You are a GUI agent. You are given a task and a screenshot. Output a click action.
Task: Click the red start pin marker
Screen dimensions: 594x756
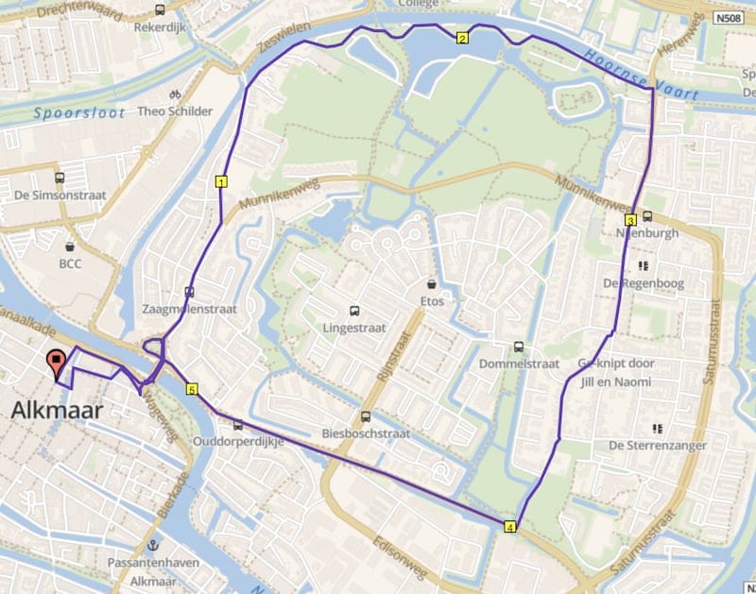(57, 361)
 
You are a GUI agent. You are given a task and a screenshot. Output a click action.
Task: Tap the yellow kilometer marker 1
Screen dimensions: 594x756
(221, 181)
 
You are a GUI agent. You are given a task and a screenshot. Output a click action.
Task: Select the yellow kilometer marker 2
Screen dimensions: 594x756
(462, 39)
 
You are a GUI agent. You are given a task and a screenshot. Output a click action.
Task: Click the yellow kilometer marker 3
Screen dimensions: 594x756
(629, 220)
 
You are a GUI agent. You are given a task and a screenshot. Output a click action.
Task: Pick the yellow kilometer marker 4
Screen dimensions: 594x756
(511, 527)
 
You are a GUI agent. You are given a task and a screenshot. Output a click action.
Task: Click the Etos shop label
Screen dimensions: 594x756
(432, 301)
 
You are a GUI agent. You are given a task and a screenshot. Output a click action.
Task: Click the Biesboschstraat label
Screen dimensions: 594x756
(366, 434)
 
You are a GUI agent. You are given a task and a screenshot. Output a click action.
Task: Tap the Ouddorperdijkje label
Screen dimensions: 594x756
(238, 442)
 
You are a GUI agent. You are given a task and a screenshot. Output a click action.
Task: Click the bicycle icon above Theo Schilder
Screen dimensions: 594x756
(174, 94)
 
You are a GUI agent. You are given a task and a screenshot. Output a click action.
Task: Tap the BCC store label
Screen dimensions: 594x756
(70, 263)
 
